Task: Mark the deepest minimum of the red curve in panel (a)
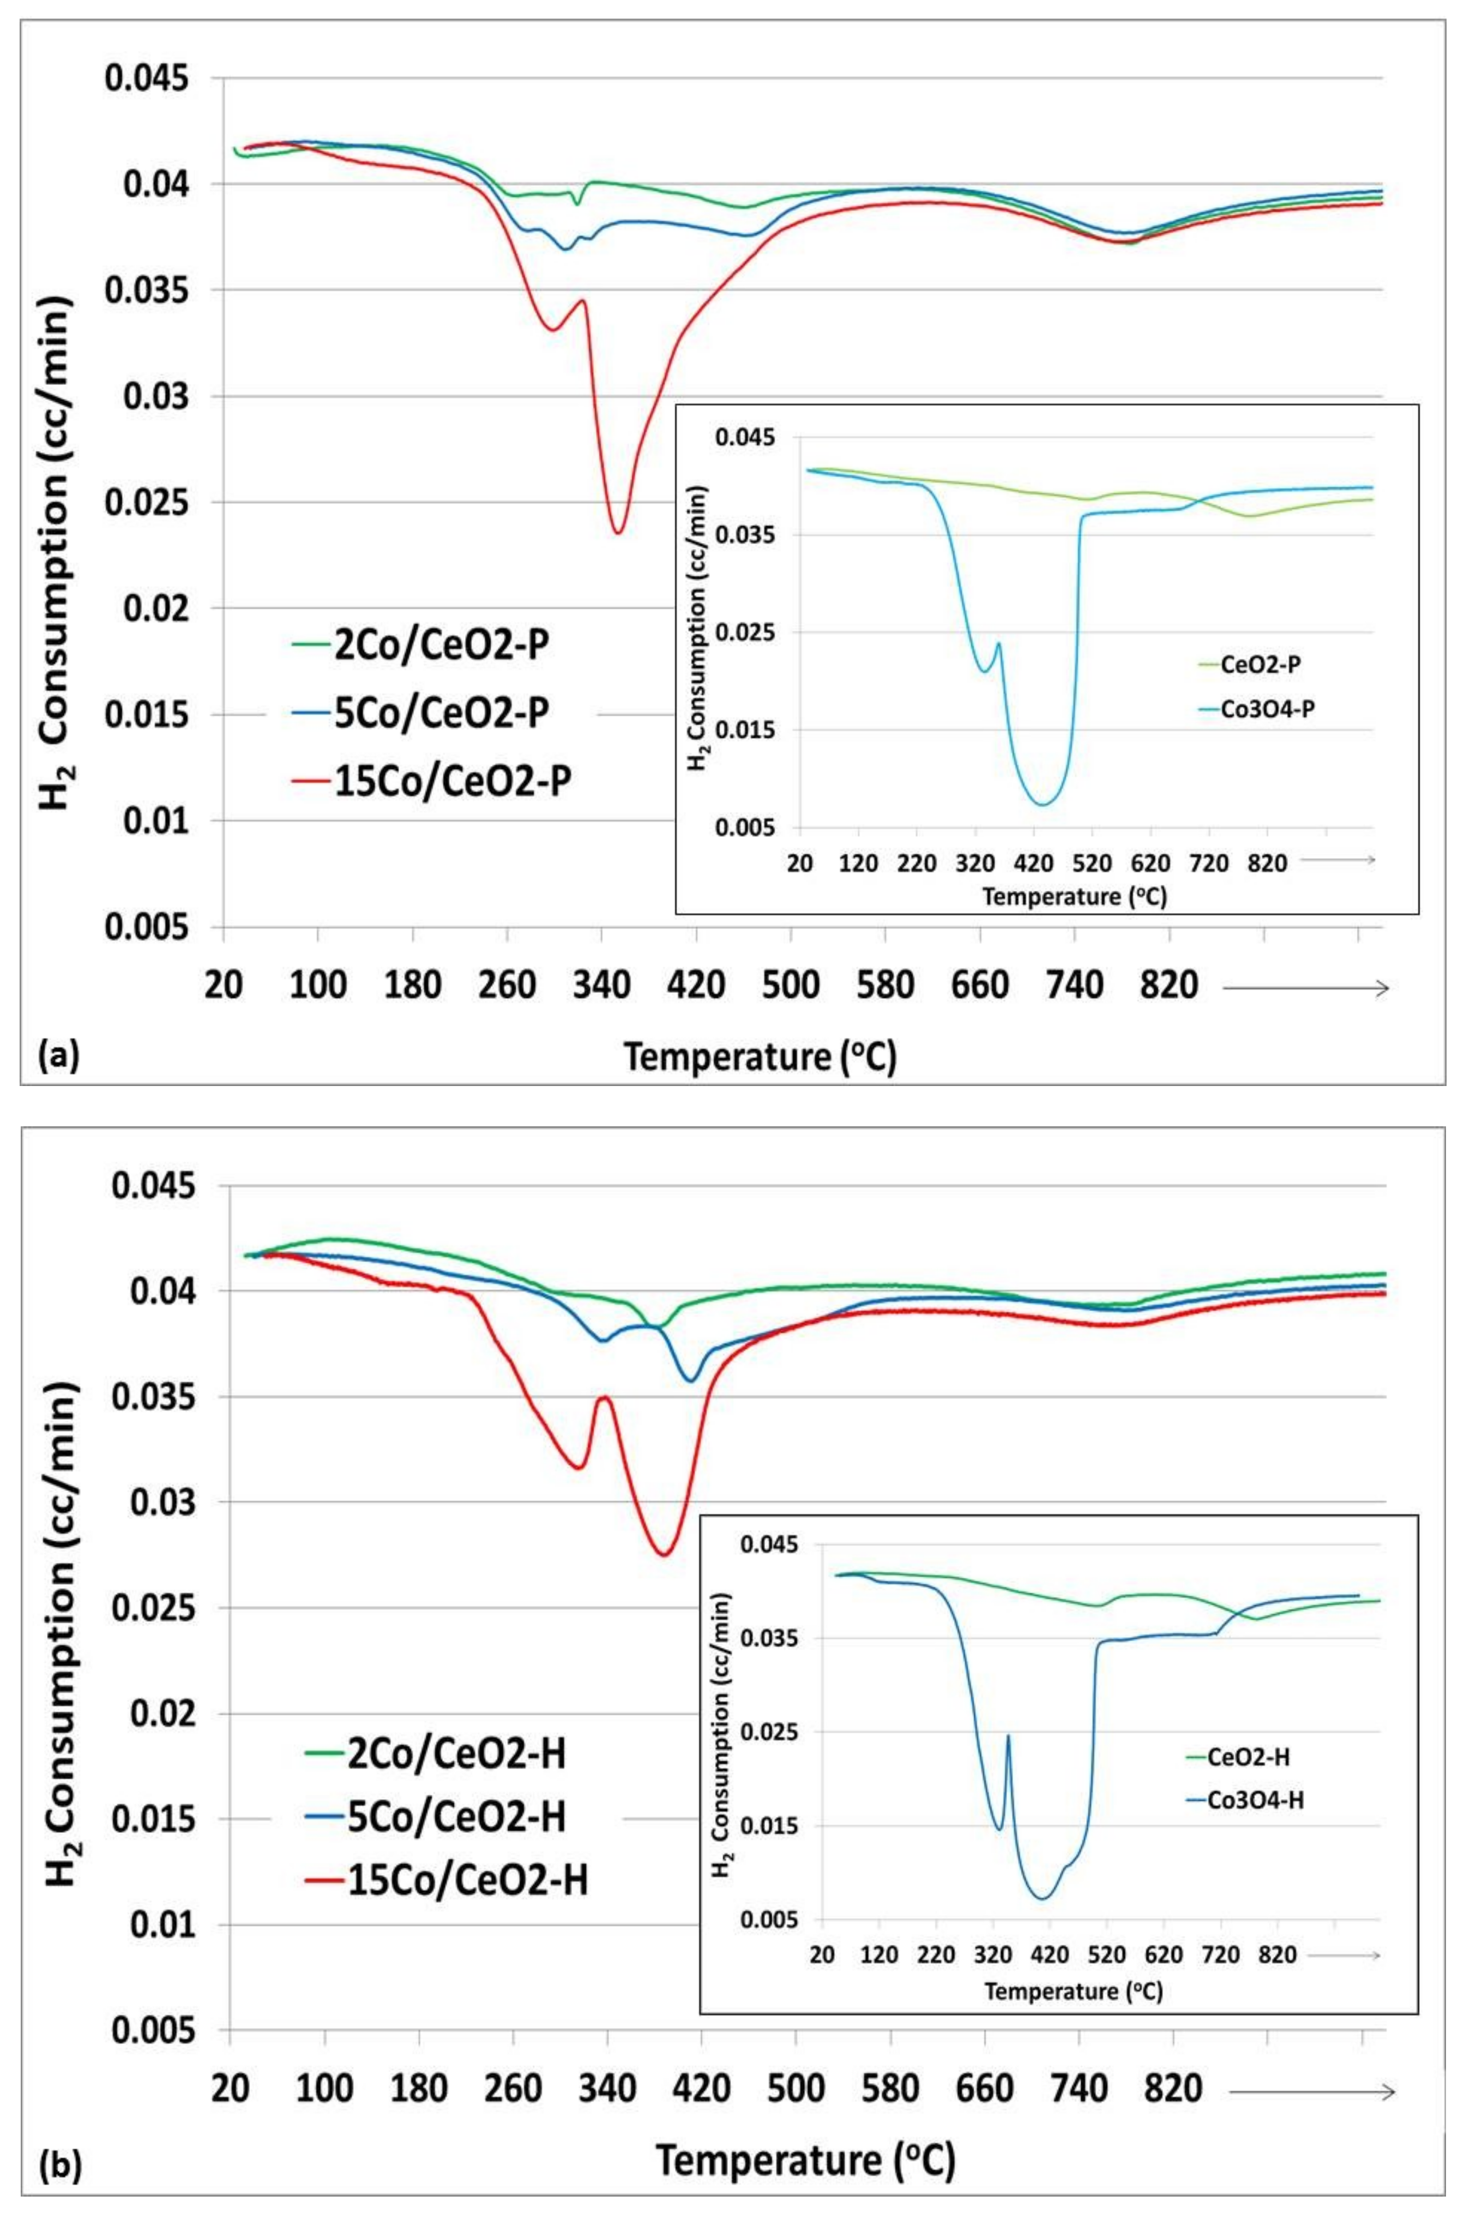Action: click(x=618, y=532)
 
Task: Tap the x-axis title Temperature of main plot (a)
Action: click(x=760, y=1057)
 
